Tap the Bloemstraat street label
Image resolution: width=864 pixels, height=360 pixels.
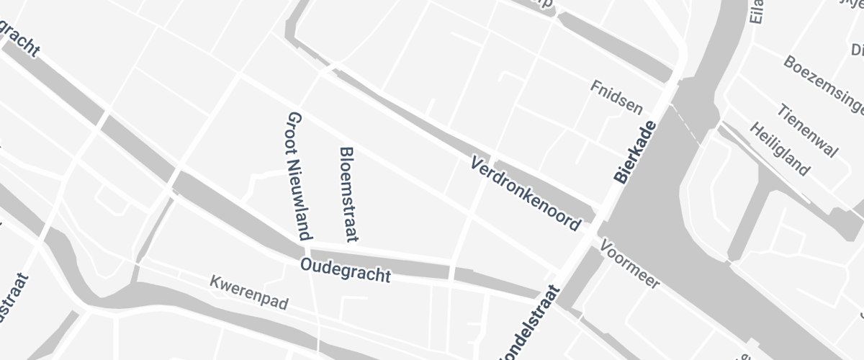click(348, 194)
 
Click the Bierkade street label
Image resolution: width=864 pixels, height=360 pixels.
click(636, 151)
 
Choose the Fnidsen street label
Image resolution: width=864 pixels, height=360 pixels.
click(616, 97)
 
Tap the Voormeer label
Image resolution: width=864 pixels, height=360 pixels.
click(629, 264)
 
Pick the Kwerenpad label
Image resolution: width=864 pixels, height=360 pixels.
click(249, 292)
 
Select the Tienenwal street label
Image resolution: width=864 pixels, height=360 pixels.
click(808, 130)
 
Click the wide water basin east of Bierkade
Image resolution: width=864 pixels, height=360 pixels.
click(648, 216)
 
